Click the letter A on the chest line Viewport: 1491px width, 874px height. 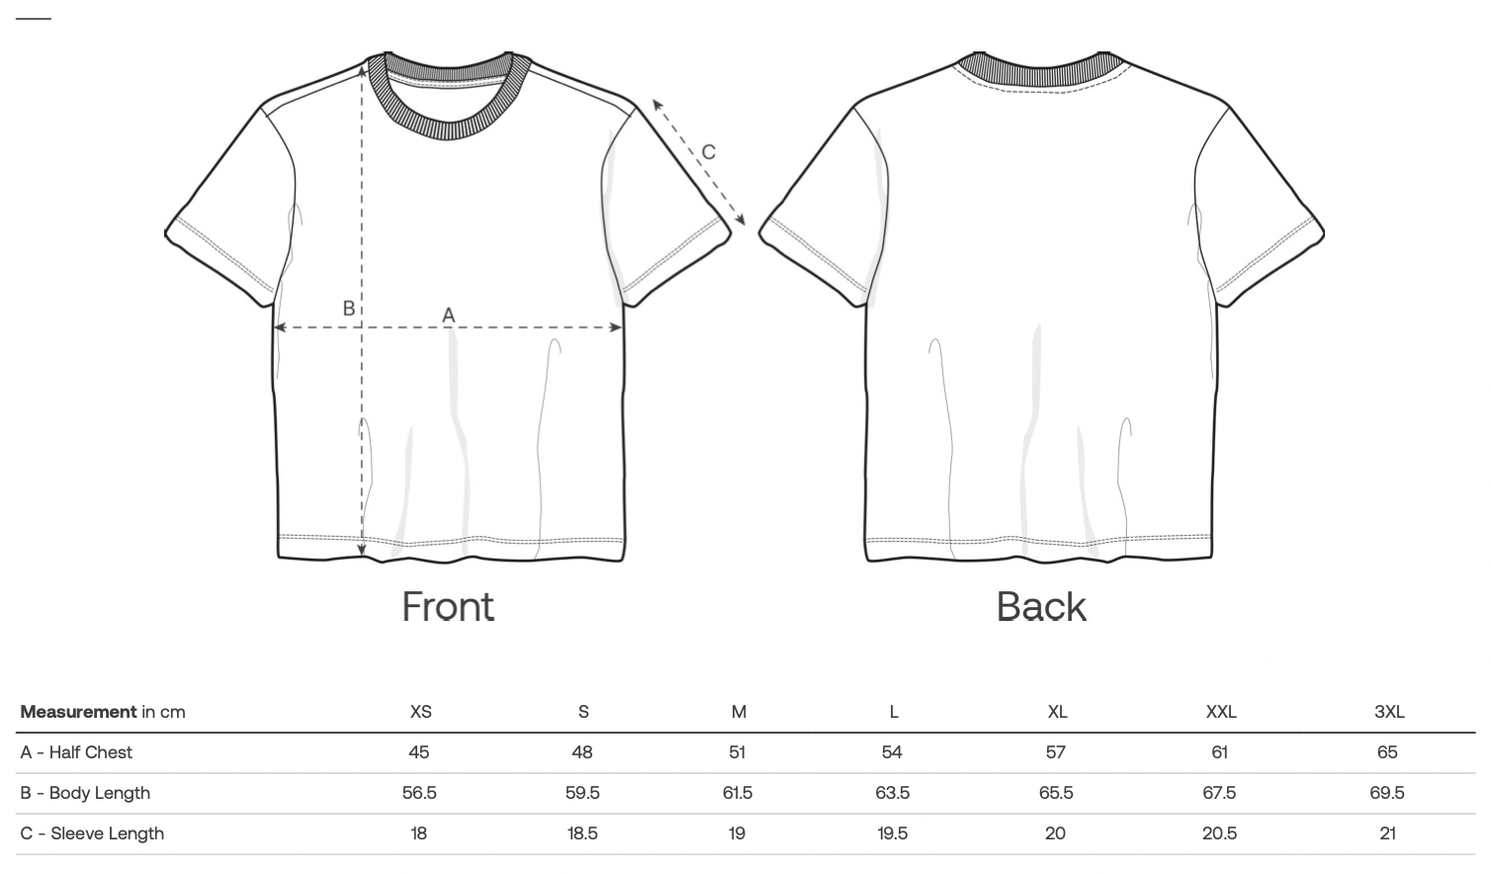click(x=449, y=314)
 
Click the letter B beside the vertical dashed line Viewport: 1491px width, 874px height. click(x=349, y=308)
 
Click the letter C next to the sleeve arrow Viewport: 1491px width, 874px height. click(x=708, y=152)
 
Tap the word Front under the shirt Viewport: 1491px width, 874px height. click(x=448, y=606)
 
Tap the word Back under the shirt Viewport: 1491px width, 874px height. click(x=1041, y=606)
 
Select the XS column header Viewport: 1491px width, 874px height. click(x=420, y=712)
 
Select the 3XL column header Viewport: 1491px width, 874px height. click(x=1389, y=712)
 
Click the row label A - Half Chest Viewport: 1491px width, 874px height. click(x=76, y=752)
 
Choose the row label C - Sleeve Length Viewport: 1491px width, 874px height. click(x=92, y=833)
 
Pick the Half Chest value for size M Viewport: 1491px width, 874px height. click(x=737, y=752)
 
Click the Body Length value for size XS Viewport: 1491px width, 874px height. click(x=419, y=793)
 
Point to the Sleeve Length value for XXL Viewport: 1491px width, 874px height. click(x=1219, y=833)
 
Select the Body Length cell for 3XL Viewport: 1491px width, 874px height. click(x=1387, y=793)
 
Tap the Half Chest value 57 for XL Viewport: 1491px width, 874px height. click(x=1056, y=752)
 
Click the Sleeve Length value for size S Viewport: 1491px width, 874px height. click(x=582, y=833)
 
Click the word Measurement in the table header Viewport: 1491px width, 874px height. click(x=78, y=712)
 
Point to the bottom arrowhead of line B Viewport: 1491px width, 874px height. click(x=362, y=549)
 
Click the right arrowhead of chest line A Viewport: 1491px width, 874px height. click(x=616, y=327)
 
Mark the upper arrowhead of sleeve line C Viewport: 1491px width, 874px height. click(x=658, y=105)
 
